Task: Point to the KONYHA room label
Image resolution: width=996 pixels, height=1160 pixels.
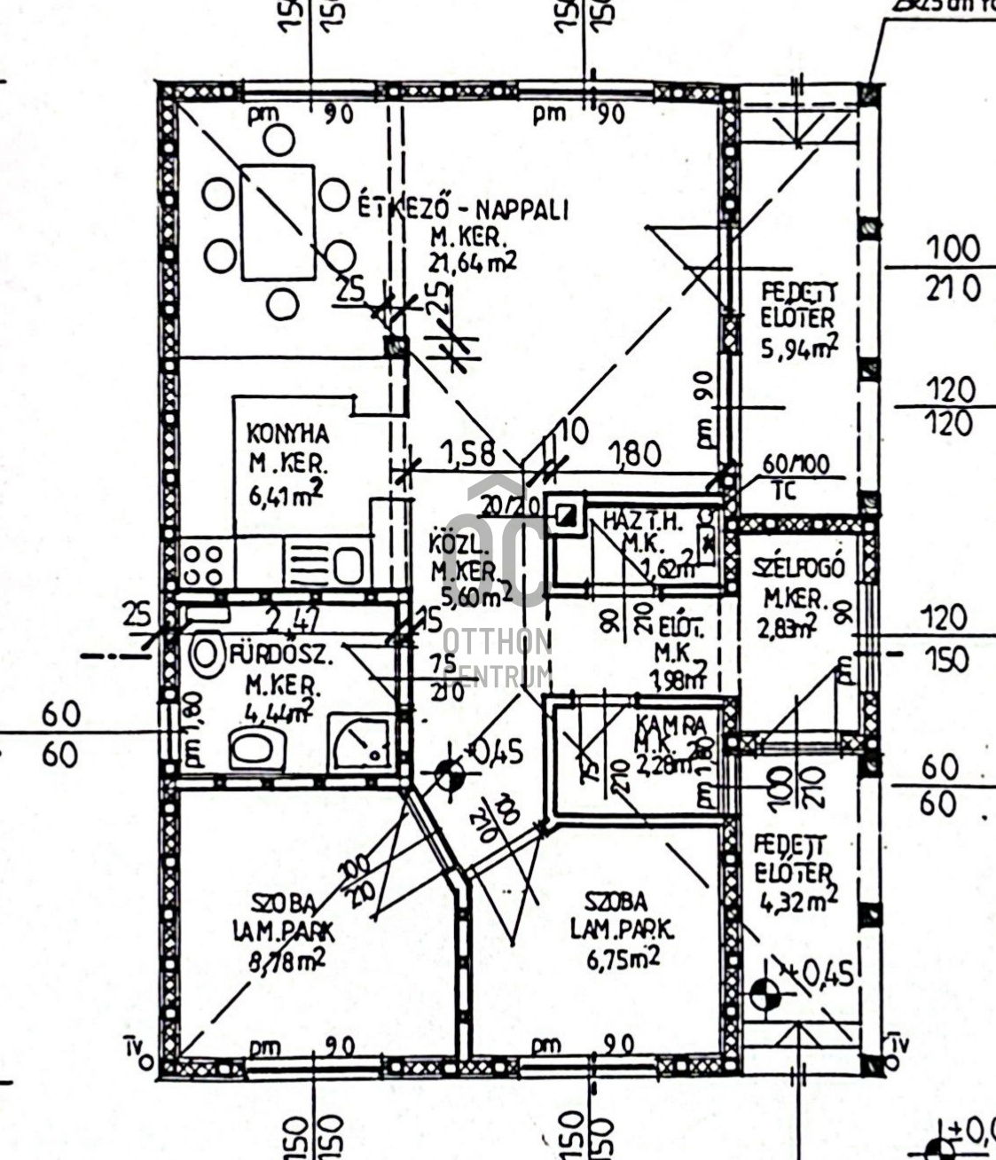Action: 286,435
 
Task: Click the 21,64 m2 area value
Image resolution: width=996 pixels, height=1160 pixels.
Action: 473,263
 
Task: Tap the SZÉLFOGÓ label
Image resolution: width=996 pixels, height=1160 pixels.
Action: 798,568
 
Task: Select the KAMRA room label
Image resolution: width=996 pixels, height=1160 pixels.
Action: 671,725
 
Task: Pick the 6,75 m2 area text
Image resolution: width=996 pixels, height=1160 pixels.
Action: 626,957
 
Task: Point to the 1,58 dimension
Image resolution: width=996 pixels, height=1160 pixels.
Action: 467,454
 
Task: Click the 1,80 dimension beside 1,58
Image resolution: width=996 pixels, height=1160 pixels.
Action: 633,454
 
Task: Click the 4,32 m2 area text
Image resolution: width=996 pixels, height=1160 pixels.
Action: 798,902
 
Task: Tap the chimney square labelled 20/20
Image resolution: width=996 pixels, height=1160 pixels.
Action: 565,515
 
